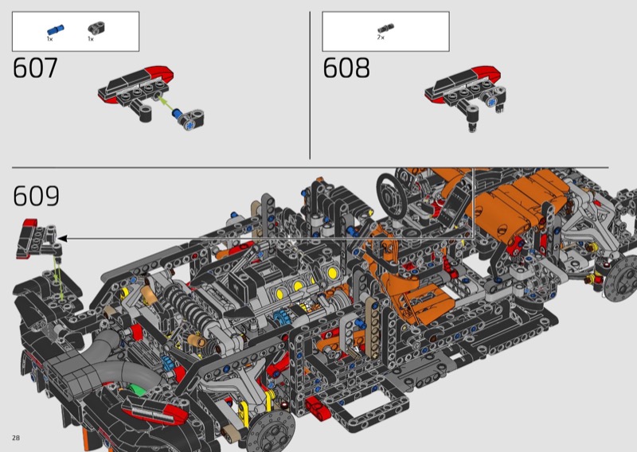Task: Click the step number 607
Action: click(x=35, y=68)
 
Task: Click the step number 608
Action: click(x=346, y=68)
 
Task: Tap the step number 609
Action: click(x=36, y=196)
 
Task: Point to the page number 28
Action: click(x=16, y=438)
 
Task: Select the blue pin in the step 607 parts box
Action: click(x=56, y=29)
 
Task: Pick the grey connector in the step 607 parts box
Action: click(x=96, y=29)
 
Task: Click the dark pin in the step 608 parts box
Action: click(x=385, y=29)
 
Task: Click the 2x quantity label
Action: click(x=381, y=37)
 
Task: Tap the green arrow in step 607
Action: click(x=165, y=103)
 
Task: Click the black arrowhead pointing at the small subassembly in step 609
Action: click(x=62, y=239)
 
